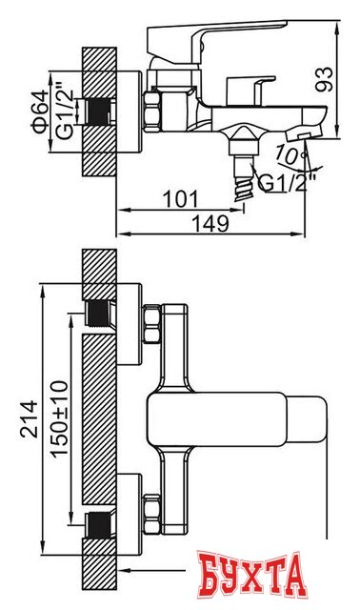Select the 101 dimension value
[x=180, y=198]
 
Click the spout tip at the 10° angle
[x=303, y=138]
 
